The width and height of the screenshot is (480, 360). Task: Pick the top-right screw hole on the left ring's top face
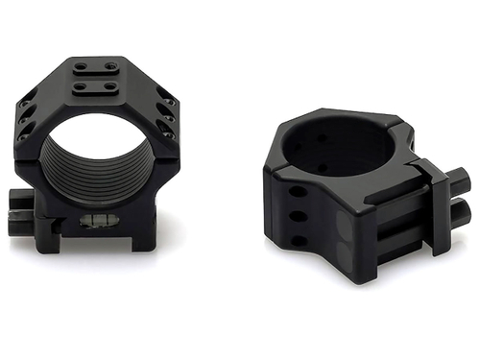[x=111, y=67]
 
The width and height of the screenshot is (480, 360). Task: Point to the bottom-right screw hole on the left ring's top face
[x=111, y=86]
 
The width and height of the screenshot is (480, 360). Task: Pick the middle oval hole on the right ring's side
[x=299, y=218]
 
